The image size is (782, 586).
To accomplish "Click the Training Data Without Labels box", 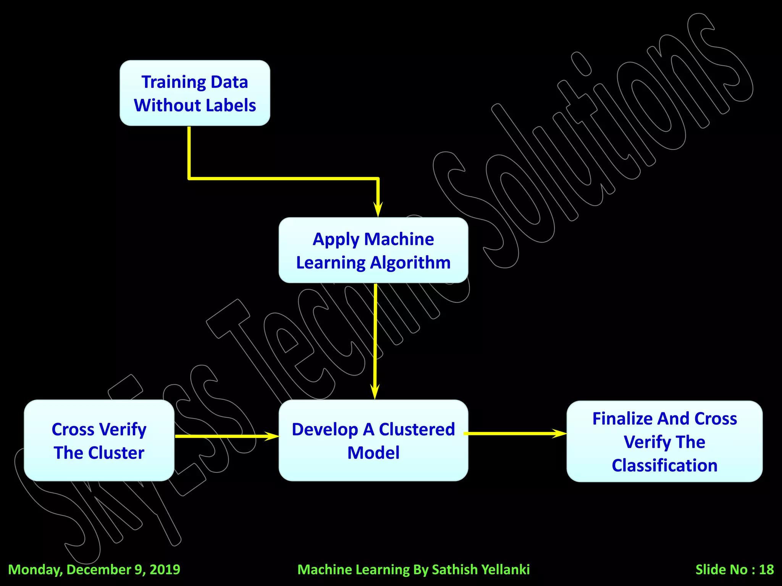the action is click(195, 93).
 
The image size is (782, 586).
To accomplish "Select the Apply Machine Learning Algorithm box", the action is click(373, 250).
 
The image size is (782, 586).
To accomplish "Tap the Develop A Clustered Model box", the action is click(373, 440).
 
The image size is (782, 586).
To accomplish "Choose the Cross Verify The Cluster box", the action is click(99, 440).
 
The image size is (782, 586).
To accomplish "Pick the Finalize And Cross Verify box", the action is click(664, 441).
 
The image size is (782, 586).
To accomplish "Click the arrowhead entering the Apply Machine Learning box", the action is click(378, 210).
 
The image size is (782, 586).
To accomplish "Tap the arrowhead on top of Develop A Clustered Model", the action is click(375, 392).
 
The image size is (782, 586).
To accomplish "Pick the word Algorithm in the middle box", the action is click(410, 263).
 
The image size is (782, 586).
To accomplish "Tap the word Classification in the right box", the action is click(664, 465).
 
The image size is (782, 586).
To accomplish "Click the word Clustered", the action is click(417, 430).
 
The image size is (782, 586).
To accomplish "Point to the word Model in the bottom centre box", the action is click(373, 453).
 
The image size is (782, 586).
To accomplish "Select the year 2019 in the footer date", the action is click(165, 570).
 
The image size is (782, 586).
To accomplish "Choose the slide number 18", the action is click(766, 570).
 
